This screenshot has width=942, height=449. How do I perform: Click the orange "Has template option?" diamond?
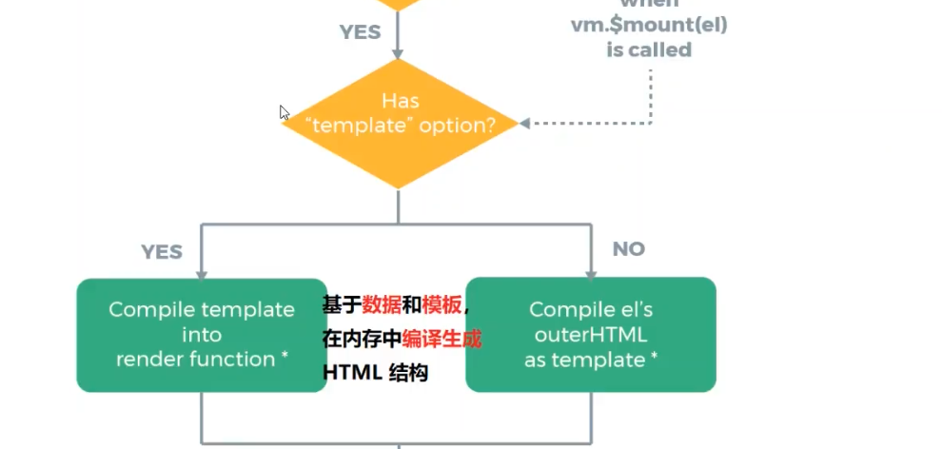[x=400, y=124]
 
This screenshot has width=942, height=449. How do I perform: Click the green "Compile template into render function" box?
[x=201, y=334]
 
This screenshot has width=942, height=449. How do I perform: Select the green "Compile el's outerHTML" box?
[x=590, y=334]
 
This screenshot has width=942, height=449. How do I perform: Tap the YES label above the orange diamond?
[x=360, y=32]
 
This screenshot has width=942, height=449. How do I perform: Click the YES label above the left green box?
[x=162, y=252]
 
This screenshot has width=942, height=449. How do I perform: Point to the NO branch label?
[x=628, y=249]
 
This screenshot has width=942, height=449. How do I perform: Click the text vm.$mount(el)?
[x=649, y=26]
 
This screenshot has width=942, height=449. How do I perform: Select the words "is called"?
[x=649, y=49]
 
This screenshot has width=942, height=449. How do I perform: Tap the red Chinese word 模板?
[x=442, y=305]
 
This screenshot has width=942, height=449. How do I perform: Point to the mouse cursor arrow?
[x=285, y=112]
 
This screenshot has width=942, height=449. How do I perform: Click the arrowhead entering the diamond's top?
[x=399, y=52]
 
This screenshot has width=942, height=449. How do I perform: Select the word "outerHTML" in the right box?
[x=590, y=335]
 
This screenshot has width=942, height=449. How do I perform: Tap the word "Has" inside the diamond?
[x=400, y=100]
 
